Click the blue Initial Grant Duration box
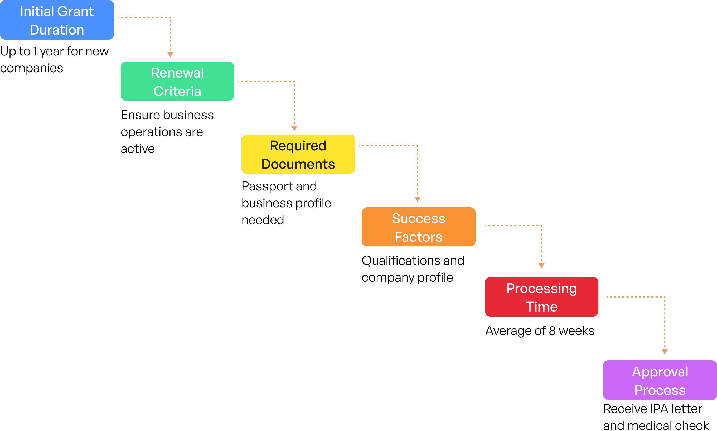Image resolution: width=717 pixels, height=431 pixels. pos(57,20)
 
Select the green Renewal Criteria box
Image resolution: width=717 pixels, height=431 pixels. pos(177,81)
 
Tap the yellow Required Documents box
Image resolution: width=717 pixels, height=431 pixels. pos(298,154)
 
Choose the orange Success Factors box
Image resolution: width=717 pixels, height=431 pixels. pos(418,227)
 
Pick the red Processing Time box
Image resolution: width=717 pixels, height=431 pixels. pos(541,297)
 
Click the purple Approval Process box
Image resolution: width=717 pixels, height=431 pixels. pos(660,380)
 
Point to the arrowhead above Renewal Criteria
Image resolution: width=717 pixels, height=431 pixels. pos(170,55)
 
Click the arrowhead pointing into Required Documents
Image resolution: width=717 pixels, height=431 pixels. pos(294,128)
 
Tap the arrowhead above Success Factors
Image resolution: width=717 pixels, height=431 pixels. pos(418,199)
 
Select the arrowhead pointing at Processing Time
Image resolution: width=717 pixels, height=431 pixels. pos(541,266)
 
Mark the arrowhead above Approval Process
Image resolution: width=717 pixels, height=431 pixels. pos(665,352)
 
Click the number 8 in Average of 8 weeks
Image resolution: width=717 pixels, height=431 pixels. pos(552,331)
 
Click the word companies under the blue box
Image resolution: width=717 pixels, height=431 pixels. pos(31,68)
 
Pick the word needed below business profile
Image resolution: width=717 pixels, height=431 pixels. pos(263,220)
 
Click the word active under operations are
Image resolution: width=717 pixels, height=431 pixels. pos(138,149)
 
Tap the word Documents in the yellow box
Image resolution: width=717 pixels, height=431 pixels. pos(298,164)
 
